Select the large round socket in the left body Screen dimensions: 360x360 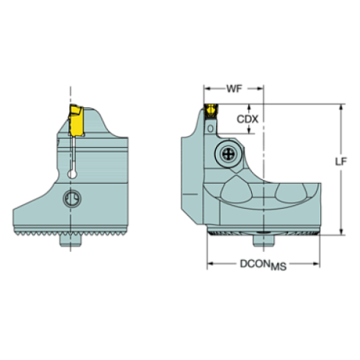point(71,198)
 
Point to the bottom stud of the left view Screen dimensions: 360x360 point(71,240)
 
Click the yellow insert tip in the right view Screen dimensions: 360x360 point(212,110)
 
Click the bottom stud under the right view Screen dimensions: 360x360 point(264,240)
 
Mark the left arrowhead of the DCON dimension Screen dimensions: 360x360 point(210,264)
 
